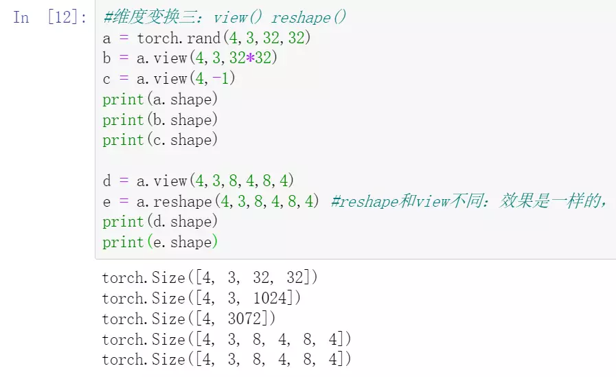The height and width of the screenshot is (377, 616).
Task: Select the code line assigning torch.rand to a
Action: point(207,38)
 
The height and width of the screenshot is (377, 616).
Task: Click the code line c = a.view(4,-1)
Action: point(169,79)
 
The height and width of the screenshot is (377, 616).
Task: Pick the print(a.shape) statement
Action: point(160,100)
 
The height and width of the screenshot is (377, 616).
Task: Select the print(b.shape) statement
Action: point(160,119)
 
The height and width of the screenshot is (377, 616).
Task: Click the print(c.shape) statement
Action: point(160,140)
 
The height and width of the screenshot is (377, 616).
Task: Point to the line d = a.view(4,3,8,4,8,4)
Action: point(198,181)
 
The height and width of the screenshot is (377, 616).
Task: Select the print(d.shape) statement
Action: point(160,222)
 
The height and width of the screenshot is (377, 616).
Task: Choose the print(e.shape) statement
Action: point(160,242)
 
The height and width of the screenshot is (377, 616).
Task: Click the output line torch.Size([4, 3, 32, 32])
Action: point(210,278)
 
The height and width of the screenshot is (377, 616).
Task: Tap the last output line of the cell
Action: point(227,359)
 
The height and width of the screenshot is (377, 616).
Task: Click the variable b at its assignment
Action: point(106,58)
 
